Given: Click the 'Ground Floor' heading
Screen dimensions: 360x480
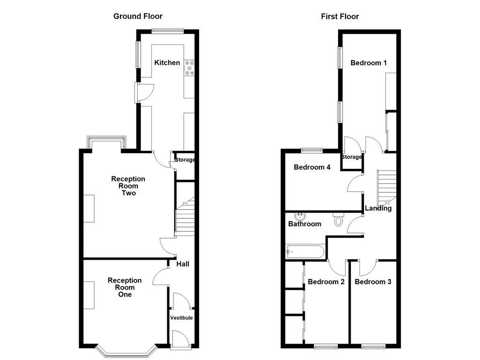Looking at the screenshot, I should tap(138, 16).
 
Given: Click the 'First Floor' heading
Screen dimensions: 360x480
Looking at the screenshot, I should tap(340, 16).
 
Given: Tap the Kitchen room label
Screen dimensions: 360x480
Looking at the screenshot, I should tap(167, 62).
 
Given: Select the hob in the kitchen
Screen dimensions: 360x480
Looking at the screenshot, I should tap(190, 67).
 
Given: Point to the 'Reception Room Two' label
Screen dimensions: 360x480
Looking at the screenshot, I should tap(128, 186).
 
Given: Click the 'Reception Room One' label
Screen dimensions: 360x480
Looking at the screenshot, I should tap(124, 287).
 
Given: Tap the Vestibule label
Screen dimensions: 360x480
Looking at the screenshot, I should tap(181, 318).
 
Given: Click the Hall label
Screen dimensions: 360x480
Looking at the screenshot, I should tap(183, 264).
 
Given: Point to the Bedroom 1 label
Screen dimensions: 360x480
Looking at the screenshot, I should tap(368, 63).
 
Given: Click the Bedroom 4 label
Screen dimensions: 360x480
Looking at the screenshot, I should tap(312, 167).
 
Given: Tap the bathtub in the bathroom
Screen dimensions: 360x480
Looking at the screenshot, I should tap(305, 252).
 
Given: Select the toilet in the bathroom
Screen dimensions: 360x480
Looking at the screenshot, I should tap(338, 220).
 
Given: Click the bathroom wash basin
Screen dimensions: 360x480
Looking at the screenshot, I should tap(299, 217).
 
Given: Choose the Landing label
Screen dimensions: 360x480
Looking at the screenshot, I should tap(378, 208).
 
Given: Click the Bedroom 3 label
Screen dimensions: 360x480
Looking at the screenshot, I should tap(373, 282).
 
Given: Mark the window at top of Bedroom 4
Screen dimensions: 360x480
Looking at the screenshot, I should tap(312, 150).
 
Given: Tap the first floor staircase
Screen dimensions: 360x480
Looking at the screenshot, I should tap(387, 185).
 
